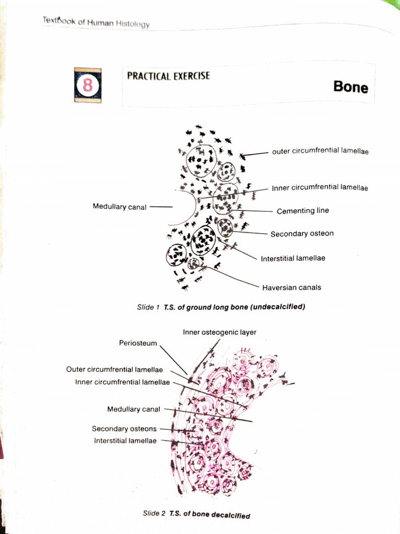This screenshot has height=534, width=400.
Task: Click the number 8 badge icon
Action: [87, 84]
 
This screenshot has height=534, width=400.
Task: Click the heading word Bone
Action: [351, 87]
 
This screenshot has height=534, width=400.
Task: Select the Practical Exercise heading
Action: [168, 76]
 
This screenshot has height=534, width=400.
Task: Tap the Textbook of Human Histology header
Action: [96, 22]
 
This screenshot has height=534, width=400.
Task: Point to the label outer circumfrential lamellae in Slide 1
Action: [320, 152]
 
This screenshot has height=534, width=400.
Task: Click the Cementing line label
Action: [303, 211]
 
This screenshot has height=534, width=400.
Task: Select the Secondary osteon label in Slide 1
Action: [302, 234]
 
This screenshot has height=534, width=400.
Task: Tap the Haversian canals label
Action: [291, 287]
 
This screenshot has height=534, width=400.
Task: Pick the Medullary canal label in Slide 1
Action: [119, 207]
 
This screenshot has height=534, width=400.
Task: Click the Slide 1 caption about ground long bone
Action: [221, 307]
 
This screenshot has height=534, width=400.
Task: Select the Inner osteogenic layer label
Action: [219, 332]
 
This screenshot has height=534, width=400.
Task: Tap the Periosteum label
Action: [138, 343]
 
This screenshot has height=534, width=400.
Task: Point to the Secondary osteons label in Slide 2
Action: [124, 429]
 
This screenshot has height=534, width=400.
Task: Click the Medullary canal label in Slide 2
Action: [134, 409]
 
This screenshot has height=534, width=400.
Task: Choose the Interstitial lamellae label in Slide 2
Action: [125, 441]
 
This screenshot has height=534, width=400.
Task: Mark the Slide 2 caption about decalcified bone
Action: [196, 514]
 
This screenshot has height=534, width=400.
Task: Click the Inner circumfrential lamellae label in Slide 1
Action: [319, 188]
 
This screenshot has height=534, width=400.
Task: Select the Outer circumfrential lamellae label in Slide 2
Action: [115, 370]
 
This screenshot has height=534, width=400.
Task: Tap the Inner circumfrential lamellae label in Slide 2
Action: [122, 382]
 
